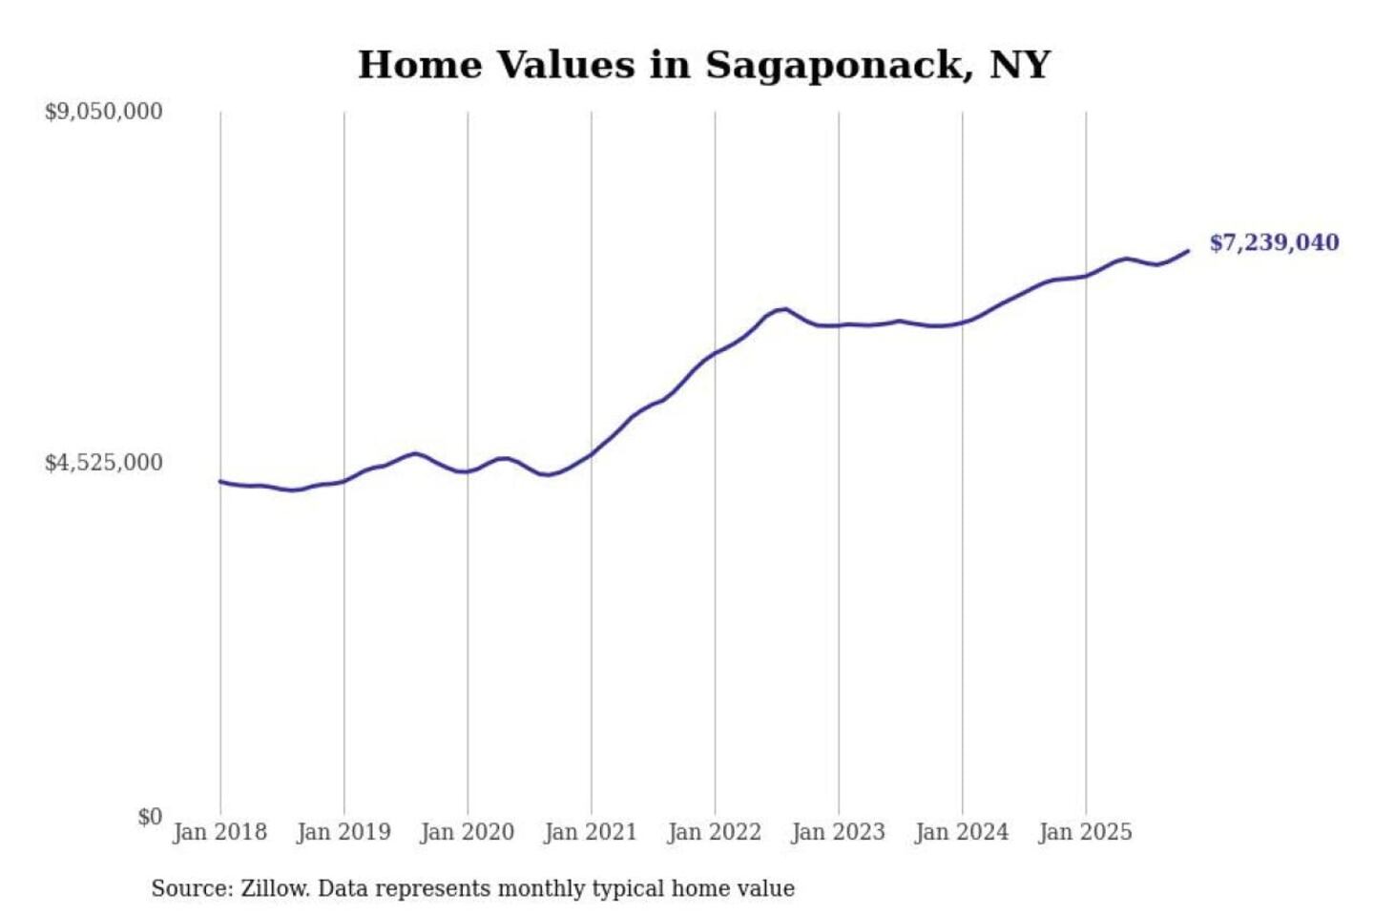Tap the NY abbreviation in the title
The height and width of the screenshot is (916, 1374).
tap(1020, 65)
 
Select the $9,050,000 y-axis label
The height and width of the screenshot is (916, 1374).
tap(104, 112)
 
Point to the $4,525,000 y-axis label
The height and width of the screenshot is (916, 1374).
tap(104, 463)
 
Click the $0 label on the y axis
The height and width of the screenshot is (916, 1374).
tap(150, 817)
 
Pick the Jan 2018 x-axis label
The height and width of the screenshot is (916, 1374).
tap(219, 832)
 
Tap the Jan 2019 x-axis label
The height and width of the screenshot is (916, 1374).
tap(343, 832)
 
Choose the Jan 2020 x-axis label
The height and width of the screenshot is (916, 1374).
tap(468, 832)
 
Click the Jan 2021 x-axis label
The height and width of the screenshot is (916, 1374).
tap(591, 832)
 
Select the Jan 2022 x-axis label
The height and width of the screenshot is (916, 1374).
tap(715, 832)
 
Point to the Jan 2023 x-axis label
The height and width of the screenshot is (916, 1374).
tap(839, 832)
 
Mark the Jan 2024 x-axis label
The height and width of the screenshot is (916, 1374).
tap(962, 832)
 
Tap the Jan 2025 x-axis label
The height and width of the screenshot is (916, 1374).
tap(1086, 832)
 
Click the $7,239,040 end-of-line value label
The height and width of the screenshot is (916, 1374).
tap(1274, 242)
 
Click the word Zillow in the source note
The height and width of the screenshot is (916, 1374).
tap(274, 888)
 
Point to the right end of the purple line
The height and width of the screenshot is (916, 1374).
tap(1188, 251)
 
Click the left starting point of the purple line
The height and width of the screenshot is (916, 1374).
tap(220, 481)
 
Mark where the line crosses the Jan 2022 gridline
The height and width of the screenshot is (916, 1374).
tap(715, 354)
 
